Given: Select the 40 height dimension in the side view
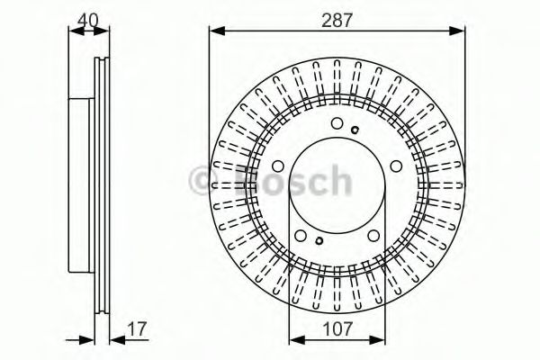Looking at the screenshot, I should (87, 17).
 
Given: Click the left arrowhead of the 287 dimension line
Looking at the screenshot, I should (214, 32).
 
